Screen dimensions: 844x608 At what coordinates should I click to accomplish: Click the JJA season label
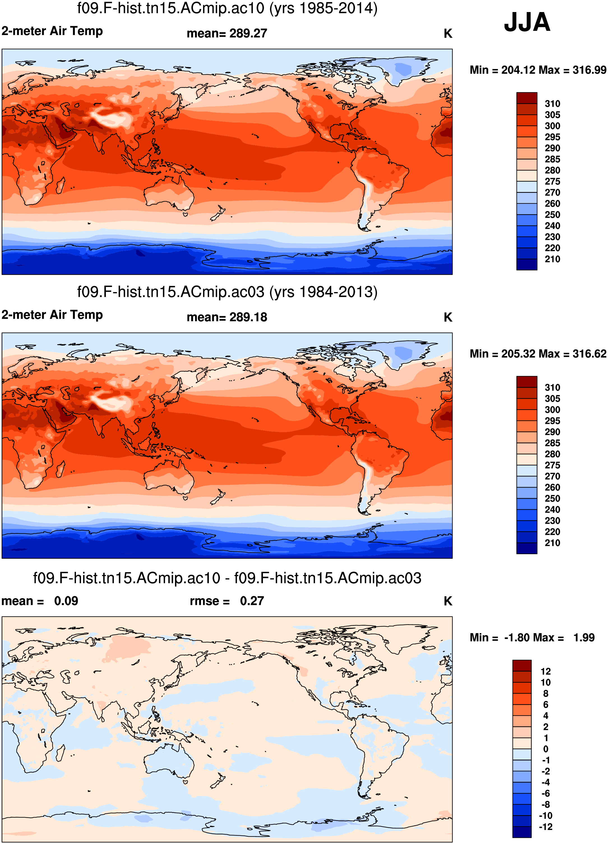527,22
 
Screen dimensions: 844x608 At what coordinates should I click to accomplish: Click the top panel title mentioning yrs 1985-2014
227,8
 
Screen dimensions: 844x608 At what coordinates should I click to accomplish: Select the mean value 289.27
248,33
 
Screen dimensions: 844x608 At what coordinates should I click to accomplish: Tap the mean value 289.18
248,317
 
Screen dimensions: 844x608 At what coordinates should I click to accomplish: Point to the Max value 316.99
589,70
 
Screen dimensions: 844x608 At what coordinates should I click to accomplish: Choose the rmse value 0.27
252,601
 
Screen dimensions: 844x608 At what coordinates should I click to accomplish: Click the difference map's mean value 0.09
66,601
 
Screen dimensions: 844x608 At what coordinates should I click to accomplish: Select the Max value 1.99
584,637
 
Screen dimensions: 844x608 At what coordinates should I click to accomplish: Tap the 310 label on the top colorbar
552,104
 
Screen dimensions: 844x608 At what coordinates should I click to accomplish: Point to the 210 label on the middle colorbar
552,543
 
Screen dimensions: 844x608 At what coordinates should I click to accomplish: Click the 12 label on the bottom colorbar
545,671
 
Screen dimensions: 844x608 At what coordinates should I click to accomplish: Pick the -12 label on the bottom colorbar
545,827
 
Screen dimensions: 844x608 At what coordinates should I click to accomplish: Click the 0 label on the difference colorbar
545,749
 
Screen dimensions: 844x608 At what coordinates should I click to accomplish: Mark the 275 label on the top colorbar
552,182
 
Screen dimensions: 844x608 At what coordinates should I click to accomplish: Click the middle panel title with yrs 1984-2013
227,292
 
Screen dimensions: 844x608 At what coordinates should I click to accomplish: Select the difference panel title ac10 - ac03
227,578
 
